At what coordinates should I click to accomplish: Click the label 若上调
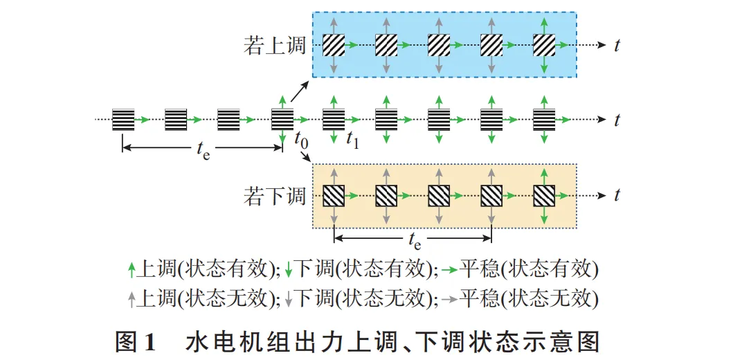[x=275, y=46]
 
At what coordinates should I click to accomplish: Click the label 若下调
[x=275, y=196]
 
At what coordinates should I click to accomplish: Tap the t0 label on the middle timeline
[x=302, y=138]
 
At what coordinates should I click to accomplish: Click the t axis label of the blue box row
[x=617, y=46]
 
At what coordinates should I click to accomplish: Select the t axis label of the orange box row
[x=617, y=196]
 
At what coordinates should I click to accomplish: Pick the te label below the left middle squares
[x=203, y=151]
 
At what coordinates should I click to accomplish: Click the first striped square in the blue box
[x=334, y=46]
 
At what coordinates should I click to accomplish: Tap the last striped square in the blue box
[x=545, y=46]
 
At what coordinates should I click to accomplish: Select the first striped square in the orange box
[x=334, y=196]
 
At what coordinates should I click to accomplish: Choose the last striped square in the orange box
[x=545, y=196]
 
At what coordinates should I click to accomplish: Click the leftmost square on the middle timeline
[x=123, y=120]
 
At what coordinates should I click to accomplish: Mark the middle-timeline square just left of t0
[x=282, y=120]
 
